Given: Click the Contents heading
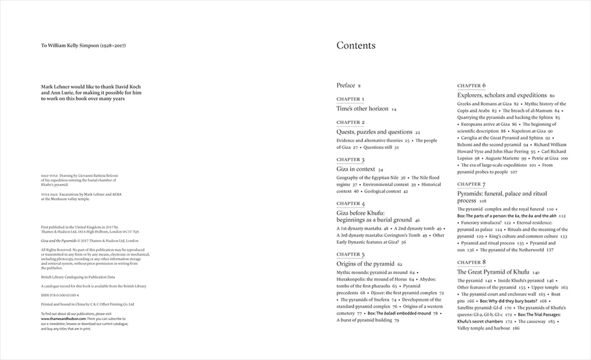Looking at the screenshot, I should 356,46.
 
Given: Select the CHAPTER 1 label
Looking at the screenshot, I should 351,99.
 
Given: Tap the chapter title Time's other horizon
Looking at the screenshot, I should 362,108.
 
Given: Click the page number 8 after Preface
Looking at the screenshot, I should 359,86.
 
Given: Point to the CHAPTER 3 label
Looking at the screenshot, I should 351,159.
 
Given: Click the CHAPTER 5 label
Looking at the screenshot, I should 351,254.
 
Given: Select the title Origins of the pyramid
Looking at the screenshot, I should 365,264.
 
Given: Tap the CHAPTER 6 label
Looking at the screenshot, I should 471,85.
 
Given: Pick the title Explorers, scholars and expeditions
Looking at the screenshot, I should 502,95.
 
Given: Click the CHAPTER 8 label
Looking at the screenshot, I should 471,262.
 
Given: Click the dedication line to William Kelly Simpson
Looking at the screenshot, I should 84,46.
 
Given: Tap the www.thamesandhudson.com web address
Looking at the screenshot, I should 63,319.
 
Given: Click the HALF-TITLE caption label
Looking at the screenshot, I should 49,174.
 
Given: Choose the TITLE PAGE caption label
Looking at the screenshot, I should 49,194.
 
